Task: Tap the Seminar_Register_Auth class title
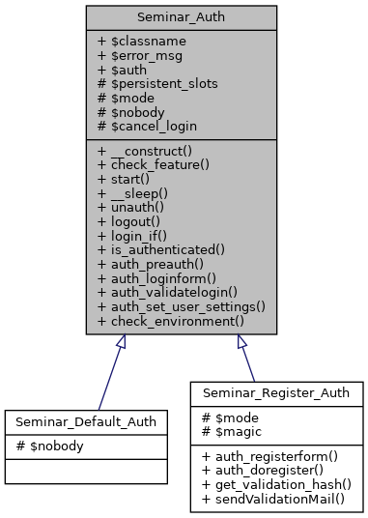pos(276,394)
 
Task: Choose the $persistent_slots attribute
pos(157,84)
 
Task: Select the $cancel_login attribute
pos(149,125)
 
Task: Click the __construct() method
pos(146,153)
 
